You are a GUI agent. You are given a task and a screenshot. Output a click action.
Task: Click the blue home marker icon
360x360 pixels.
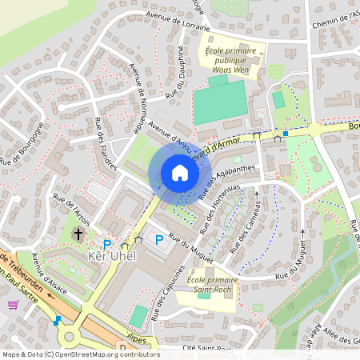coord(180,173)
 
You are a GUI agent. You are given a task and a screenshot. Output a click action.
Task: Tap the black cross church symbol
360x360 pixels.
coord(78,234)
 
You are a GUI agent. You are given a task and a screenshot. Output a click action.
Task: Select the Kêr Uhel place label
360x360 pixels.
coord(110,256)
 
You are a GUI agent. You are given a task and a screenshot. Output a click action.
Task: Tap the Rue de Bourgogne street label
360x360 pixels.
coord(21,149)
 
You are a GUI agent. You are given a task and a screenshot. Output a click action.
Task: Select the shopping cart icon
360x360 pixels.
coord(13,304)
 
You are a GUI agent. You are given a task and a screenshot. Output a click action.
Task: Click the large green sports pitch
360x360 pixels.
coord(218,102)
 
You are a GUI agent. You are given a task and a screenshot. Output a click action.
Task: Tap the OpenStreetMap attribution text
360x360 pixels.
coord(80,354)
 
